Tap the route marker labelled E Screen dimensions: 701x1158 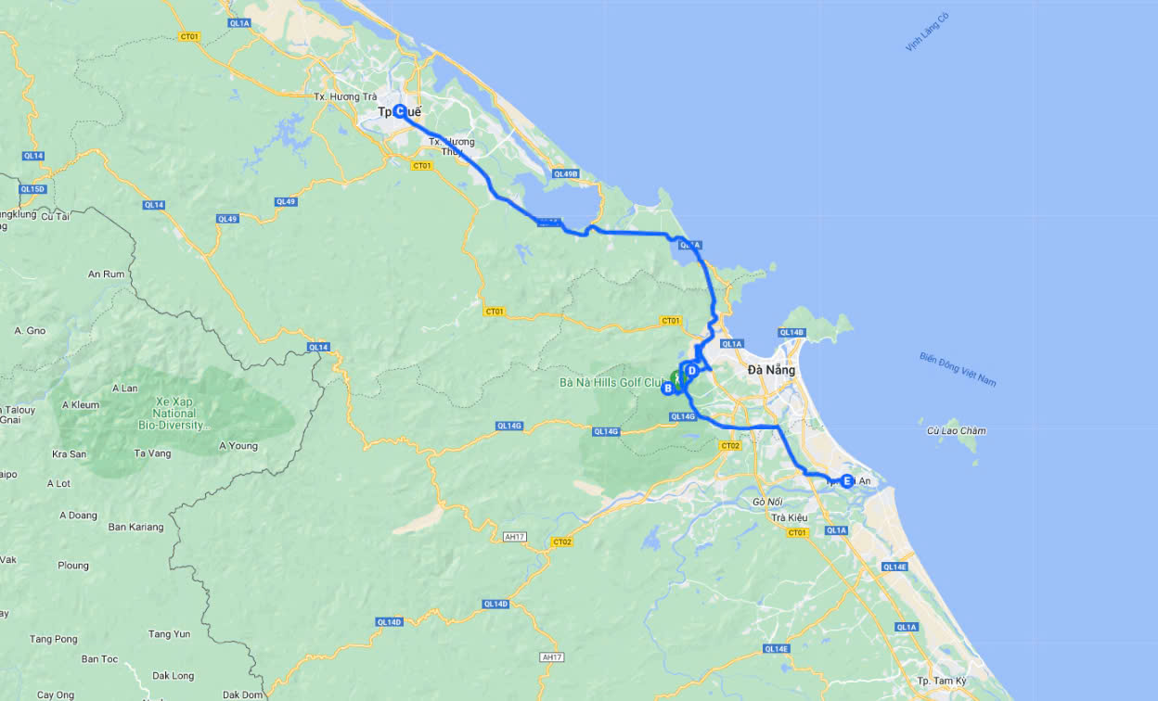(847, 480)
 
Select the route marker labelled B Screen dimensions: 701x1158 (667, 389)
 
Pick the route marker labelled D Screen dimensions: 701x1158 (691, 371)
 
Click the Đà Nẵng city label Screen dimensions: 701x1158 (771, 370)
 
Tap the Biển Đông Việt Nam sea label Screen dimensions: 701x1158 (957, 369)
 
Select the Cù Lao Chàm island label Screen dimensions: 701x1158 (956, 430)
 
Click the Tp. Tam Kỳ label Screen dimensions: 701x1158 (936, 681)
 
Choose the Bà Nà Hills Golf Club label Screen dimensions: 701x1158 (613, 382)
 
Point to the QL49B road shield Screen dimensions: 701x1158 (565, 173)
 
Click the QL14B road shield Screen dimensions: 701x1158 (791, 332)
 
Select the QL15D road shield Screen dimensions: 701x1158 (32, 189)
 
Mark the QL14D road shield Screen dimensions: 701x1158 (389, 621)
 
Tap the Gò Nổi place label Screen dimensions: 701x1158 (769, 502)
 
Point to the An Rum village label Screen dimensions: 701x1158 (106, 274)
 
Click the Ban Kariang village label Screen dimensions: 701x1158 (135, 527)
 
